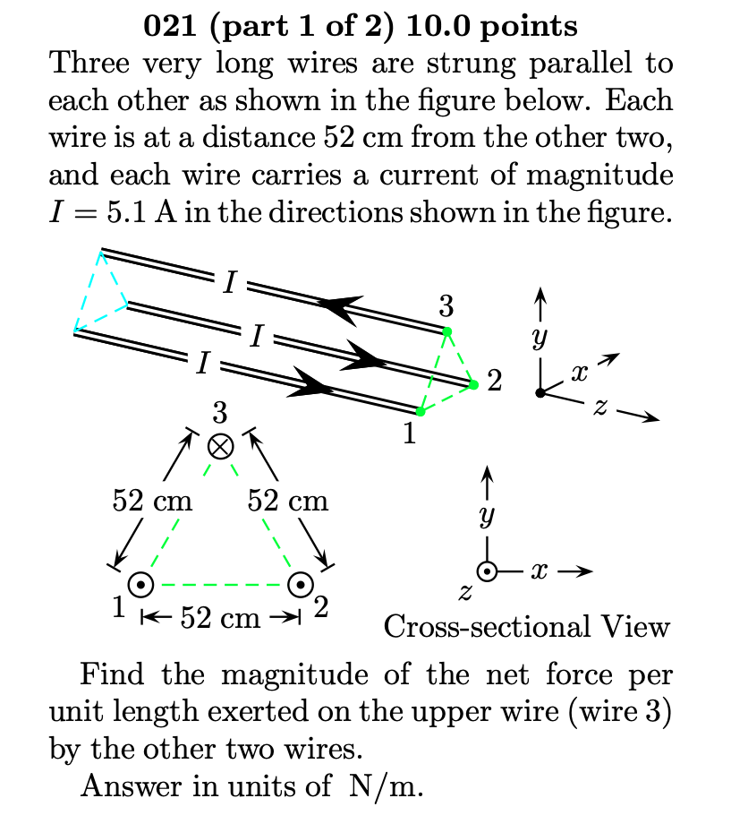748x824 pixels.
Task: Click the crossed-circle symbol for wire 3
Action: click(220, 445)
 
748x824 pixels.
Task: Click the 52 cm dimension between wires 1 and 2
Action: click(219, 617)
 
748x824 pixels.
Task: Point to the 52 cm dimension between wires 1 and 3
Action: click(152, 500)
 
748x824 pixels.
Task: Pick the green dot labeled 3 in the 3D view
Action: click(447, 332)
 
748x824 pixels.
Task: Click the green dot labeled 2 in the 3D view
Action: click(473, 385)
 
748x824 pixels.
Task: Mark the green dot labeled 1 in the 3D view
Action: click(421, 412)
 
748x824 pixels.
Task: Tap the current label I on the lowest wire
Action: click(204, 363)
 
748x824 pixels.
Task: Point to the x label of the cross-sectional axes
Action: click(539, 571)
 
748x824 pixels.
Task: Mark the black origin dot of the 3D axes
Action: click(539, 393)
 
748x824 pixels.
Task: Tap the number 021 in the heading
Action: click(171, 26)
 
